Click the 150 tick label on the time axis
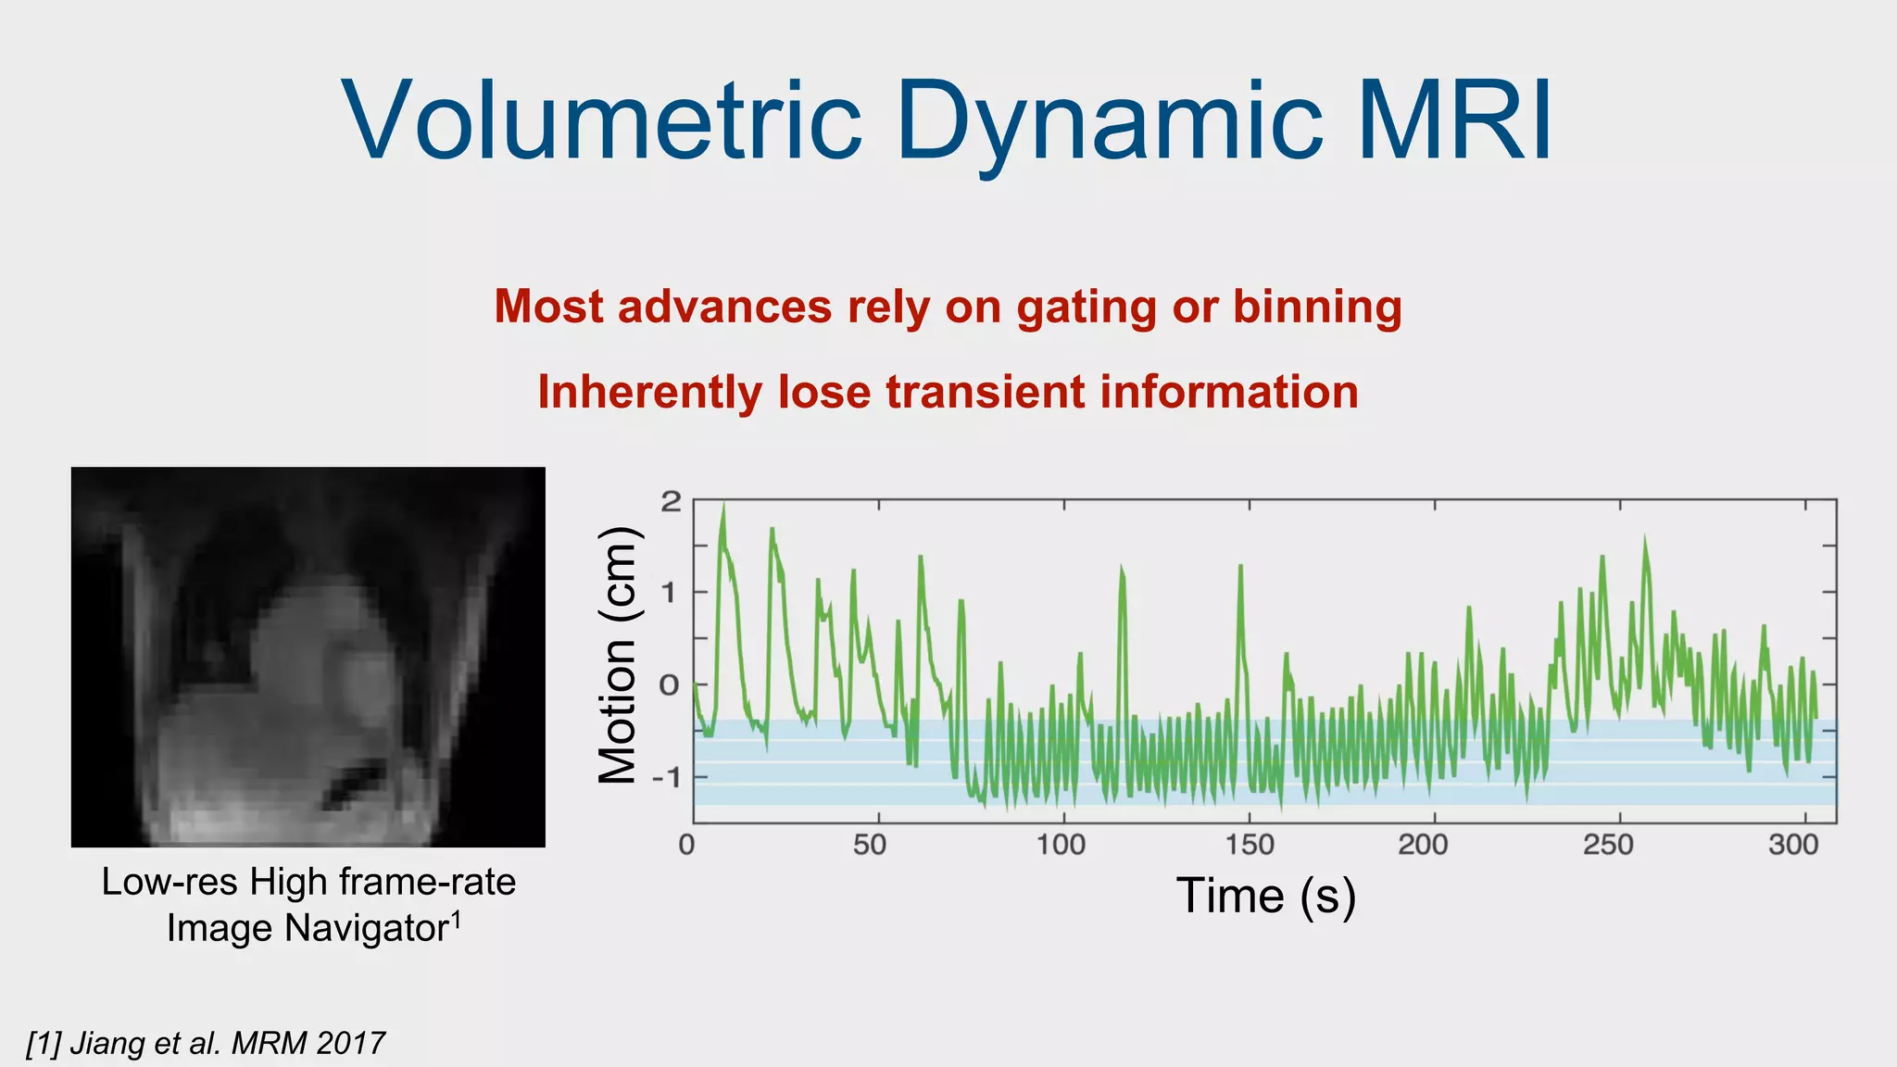click(1250, 845)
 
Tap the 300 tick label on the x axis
click(1793, 845)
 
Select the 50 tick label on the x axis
click(870, 845)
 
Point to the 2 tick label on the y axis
click(671, 502)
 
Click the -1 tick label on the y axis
click(665, 777)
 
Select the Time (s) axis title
click(1265, 897)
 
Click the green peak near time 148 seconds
click(1239, 567)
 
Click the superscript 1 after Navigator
click(456, 919)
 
